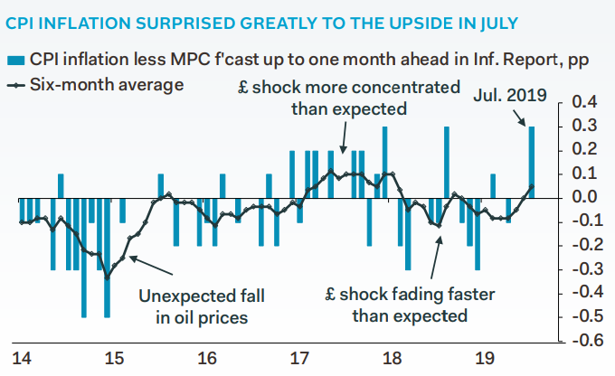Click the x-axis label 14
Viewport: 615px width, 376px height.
21,360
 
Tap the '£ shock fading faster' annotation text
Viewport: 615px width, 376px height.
398,305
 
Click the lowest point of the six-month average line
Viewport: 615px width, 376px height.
108,277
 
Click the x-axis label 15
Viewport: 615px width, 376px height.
113,360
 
